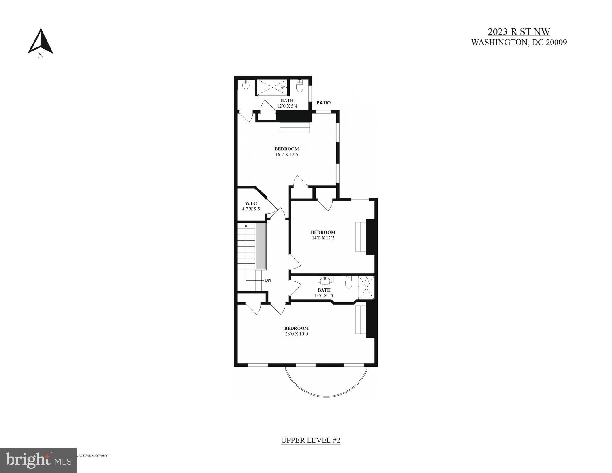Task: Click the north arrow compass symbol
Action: (40, 42)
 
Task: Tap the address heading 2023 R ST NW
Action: (519, 32)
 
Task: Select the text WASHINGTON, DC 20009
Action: (519, 43)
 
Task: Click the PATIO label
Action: (323, 103)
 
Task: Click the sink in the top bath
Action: (246, 84)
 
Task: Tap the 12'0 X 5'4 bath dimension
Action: (287, 106)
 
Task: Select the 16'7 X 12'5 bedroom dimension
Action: (286, 154)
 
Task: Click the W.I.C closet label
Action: (251, 203)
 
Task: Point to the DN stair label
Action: (268, 280)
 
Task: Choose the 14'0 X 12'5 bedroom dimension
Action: (323, 238)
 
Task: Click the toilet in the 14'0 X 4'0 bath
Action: (348, 282)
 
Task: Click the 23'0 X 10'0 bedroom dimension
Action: (296, 334)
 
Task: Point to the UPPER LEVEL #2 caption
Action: (310, 440)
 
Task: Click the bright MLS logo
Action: (38, 460)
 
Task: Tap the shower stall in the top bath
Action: (272, 87)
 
